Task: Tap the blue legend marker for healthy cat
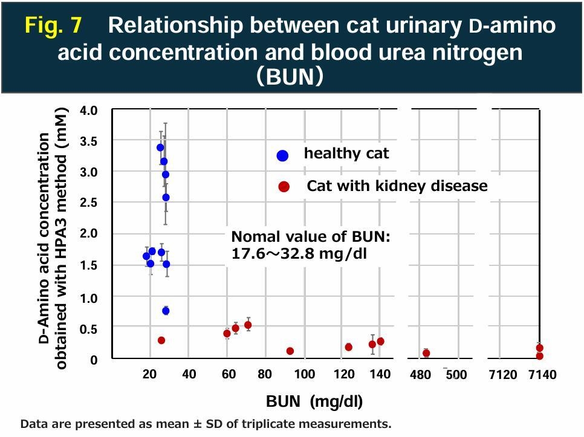282,155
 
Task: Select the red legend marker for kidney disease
284,187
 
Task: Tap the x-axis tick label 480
420,375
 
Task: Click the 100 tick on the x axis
304,374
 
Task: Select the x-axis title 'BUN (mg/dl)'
314,401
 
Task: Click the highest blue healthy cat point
160,147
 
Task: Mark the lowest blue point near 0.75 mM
166,311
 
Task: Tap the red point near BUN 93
290,351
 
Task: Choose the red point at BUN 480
426,353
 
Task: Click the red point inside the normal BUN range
161,340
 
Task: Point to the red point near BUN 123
348,347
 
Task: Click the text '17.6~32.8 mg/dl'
299,254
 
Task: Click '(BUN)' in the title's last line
291,77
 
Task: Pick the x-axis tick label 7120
502,375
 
